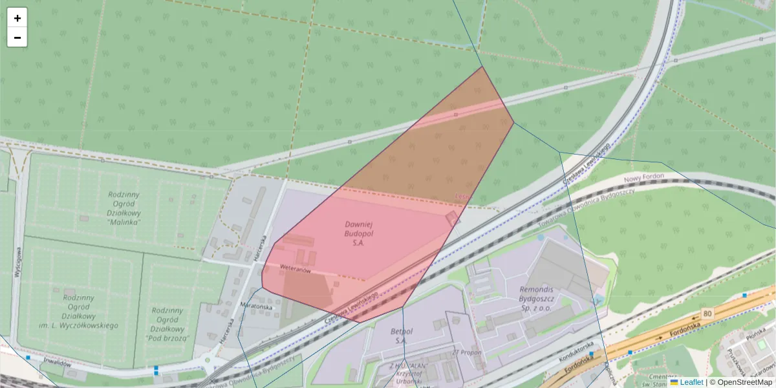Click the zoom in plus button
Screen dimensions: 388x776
point(17,18)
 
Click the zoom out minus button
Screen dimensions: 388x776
point(17,38)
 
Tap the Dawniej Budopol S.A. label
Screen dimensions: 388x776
point(359,233)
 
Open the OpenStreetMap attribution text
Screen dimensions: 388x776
point(740,382)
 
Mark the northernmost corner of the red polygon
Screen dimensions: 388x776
point(482,67)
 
